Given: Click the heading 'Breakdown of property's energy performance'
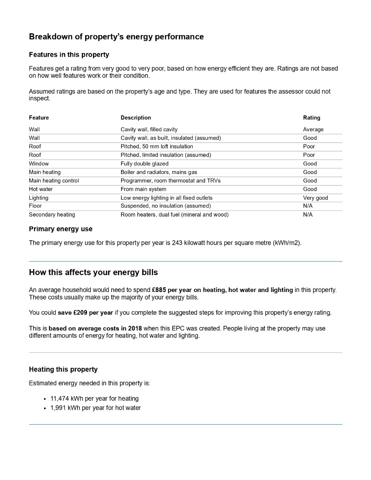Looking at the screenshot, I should pos(116,37).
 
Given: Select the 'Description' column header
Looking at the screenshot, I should pos(136,118).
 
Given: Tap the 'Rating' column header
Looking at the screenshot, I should pos(312,118).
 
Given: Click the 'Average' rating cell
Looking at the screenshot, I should pos(313,129).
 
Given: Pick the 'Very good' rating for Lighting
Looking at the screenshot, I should pos(315,198).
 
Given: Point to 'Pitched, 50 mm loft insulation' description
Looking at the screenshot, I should pos(157,146).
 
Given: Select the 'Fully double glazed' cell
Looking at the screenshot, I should pos(145,164).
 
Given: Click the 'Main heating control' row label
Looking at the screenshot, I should pos(54,180).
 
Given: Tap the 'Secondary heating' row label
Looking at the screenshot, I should pos(52,215).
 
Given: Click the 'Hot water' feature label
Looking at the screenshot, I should pos(41,189).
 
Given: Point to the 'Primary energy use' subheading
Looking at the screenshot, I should pos(61,229).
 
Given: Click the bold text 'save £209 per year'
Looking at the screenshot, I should pos(86,313).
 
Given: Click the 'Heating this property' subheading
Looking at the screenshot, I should pos(63,369).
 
